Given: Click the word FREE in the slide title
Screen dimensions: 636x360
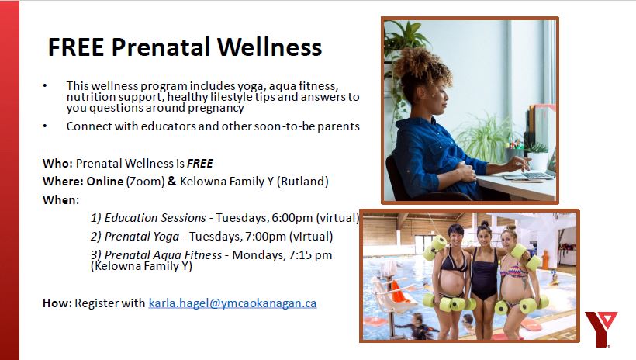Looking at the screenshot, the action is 76,47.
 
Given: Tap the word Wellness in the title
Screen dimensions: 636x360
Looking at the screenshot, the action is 270,47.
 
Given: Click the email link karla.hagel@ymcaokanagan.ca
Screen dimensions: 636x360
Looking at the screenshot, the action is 233,303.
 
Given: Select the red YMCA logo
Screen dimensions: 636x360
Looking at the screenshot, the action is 601,329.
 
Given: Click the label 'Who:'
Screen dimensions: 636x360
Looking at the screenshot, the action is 57,163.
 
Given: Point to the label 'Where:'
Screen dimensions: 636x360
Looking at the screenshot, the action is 63,181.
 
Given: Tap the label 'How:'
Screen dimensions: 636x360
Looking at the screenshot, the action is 57,303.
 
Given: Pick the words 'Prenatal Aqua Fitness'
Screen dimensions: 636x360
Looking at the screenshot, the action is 163,255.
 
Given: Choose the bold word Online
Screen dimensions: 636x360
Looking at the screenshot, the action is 105,181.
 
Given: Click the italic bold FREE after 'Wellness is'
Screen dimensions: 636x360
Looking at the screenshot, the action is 200,163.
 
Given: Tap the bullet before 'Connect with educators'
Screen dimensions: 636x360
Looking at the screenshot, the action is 45,126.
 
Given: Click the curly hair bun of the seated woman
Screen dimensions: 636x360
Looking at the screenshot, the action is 420,66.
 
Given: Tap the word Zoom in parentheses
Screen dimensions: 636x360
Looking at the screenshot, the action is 145,181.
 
